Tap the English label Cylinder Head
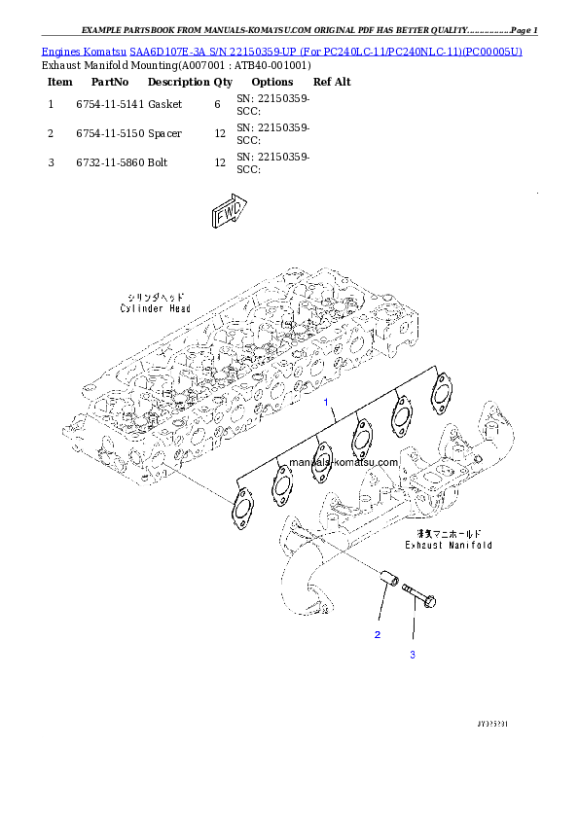point(156,308)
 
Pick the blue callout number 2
point(378,635)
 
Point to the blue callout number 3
point(412,655)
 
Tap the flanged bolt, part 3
point(418,595)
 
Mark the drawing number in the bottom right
point(494,725)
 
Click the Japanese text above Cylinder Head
point(156,297)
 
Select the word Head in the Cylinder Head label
point(177,308)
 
